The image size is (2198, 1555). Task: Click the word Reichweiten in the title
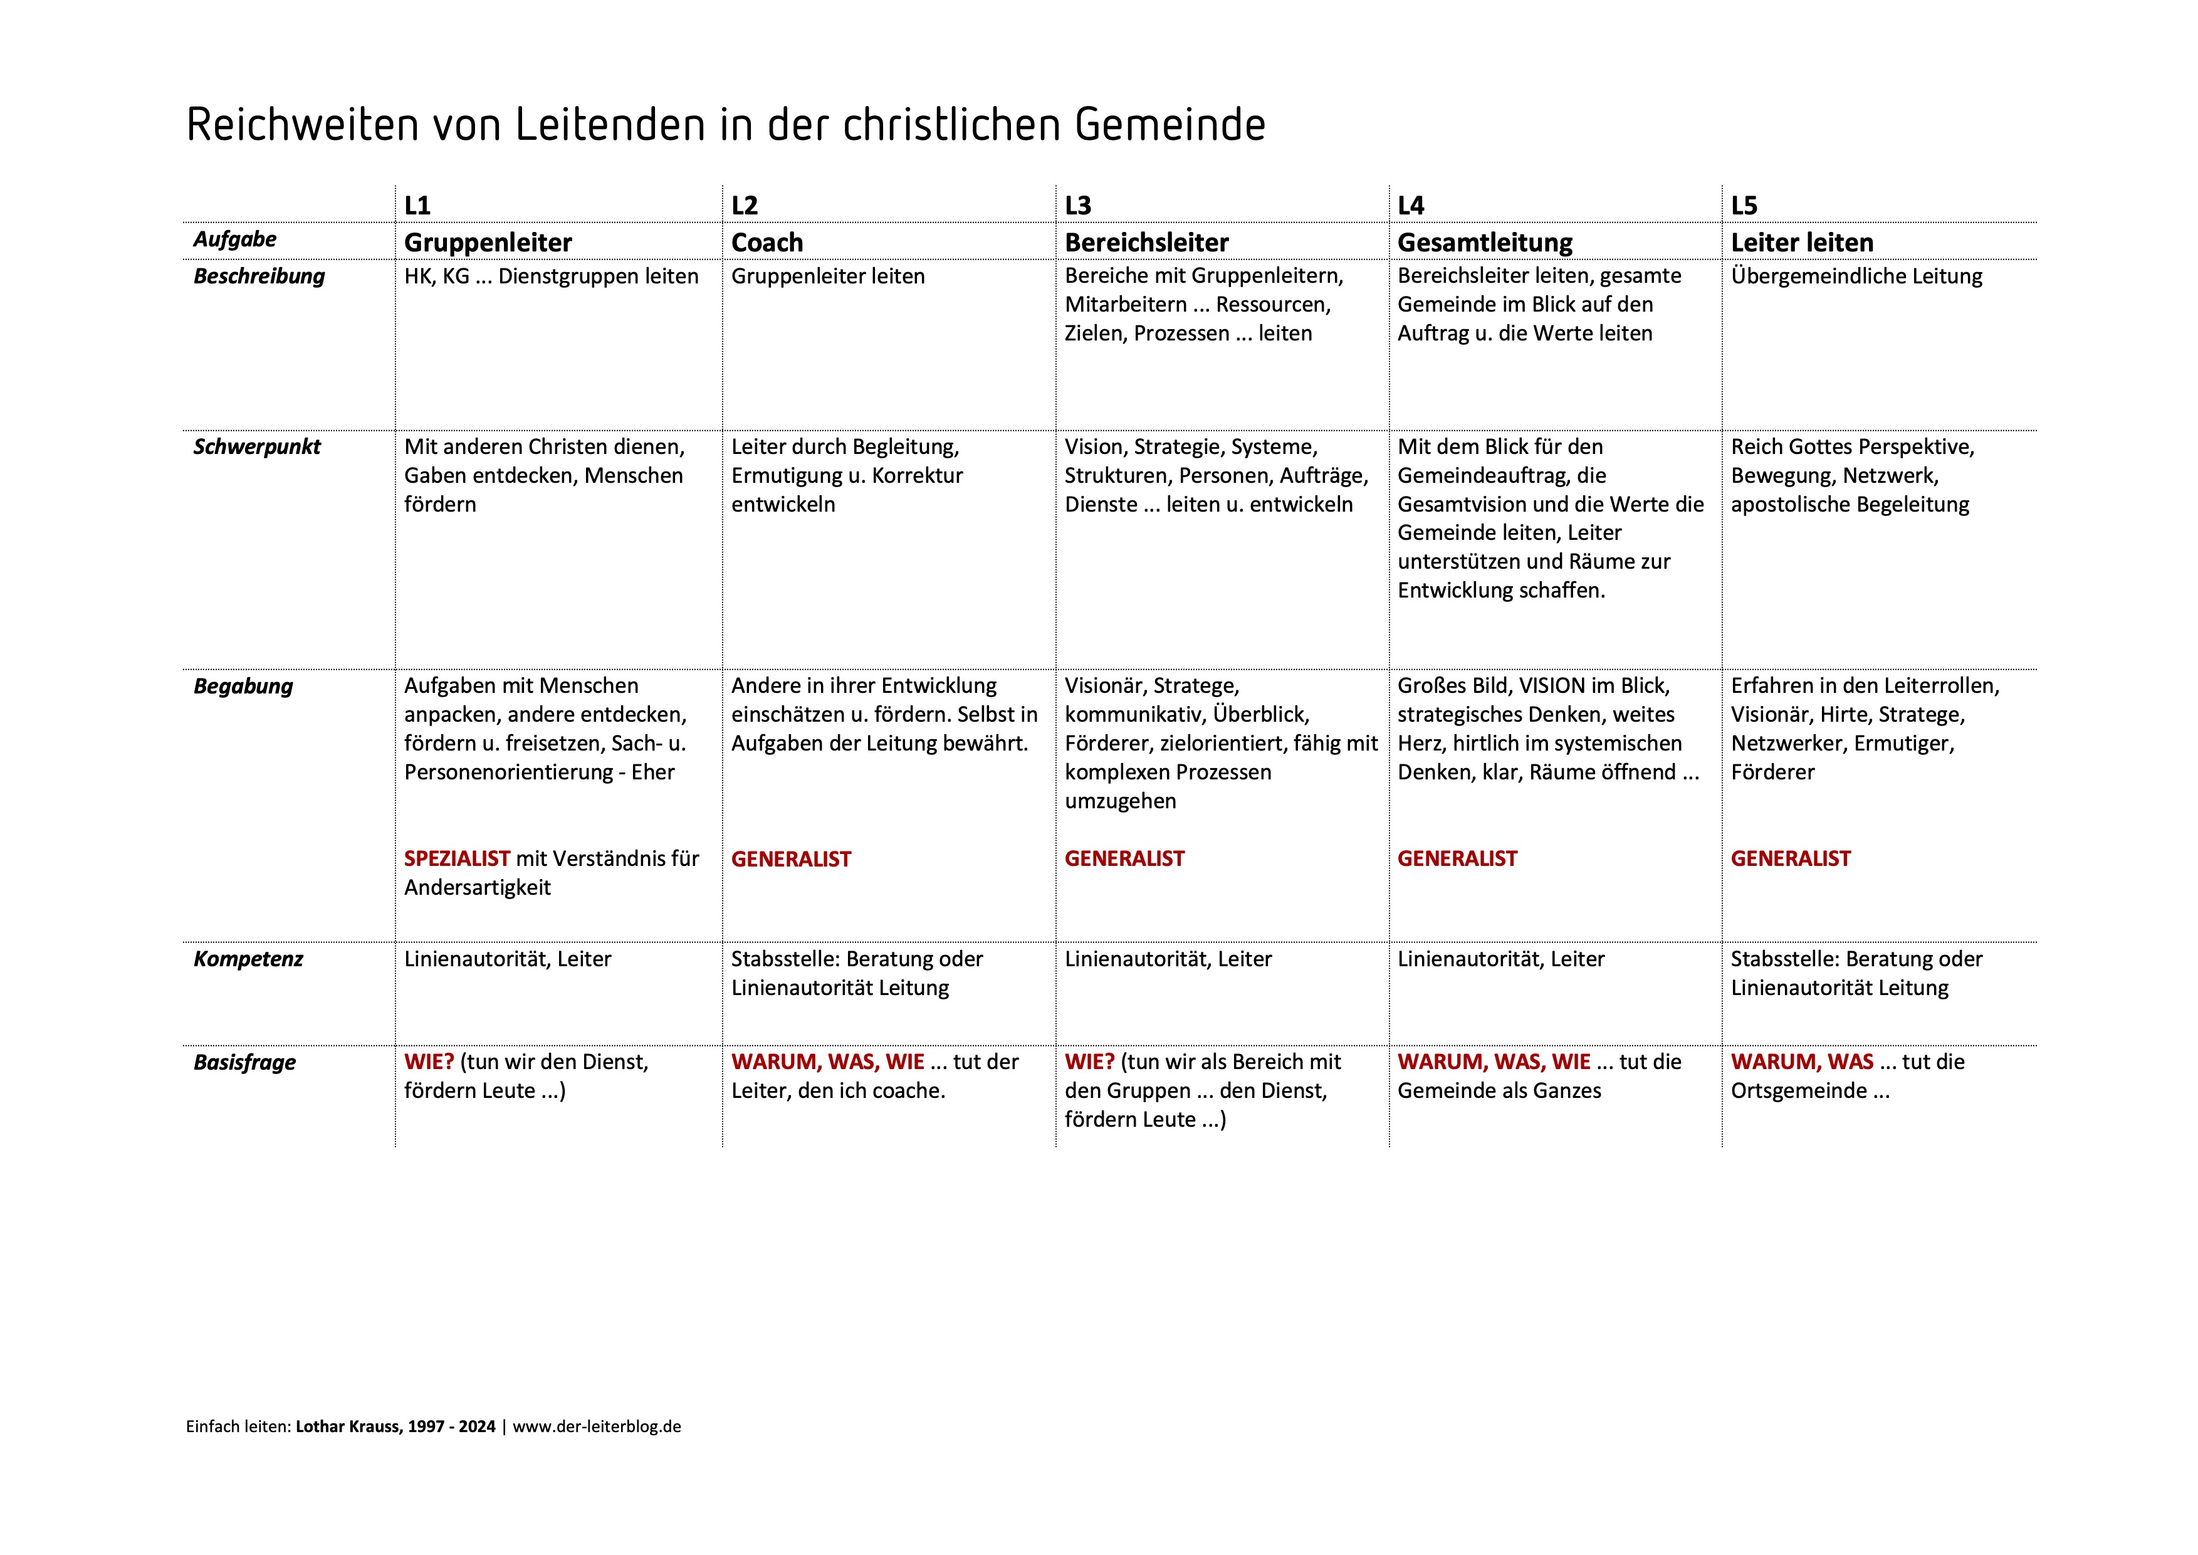click(301, 125)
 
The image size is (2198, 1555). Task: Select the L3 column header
click(1078, 206)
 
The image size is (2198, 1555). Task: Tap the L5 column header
click(1744, 206)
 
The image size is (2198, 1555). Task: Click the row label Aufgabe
click(234, 240)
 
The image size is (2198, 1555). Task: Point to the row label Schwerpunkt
click(256, 447)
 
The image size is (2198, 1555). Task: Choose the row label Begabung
click(243, 687)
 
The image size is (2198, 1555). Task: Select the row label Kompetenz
click(248, 959)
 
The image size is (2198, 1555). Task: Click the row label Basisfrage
click(244, 1063)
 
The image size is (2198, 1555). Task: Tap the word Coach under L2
click(767, 243)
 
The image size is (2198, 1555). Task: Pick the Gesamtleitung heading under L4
click(1485, 243)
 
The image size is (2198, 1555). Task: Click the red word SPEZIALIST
click(457, 859)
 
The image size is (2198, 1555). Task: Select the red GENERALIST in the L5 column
click(1790, 859)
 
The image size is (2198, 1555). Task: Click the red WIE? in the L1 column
click(428, 1062)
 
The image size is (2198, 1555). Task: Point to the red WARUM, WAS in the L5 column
click(1802, 1062)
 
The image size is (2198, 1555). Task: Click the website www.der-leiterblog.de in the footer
click(597, 1426)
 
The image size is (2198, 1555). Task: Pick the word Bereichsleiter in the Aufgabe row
click(1146, 243)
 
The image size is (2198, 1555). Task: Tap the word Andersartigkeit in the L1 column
click(477, 888)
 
